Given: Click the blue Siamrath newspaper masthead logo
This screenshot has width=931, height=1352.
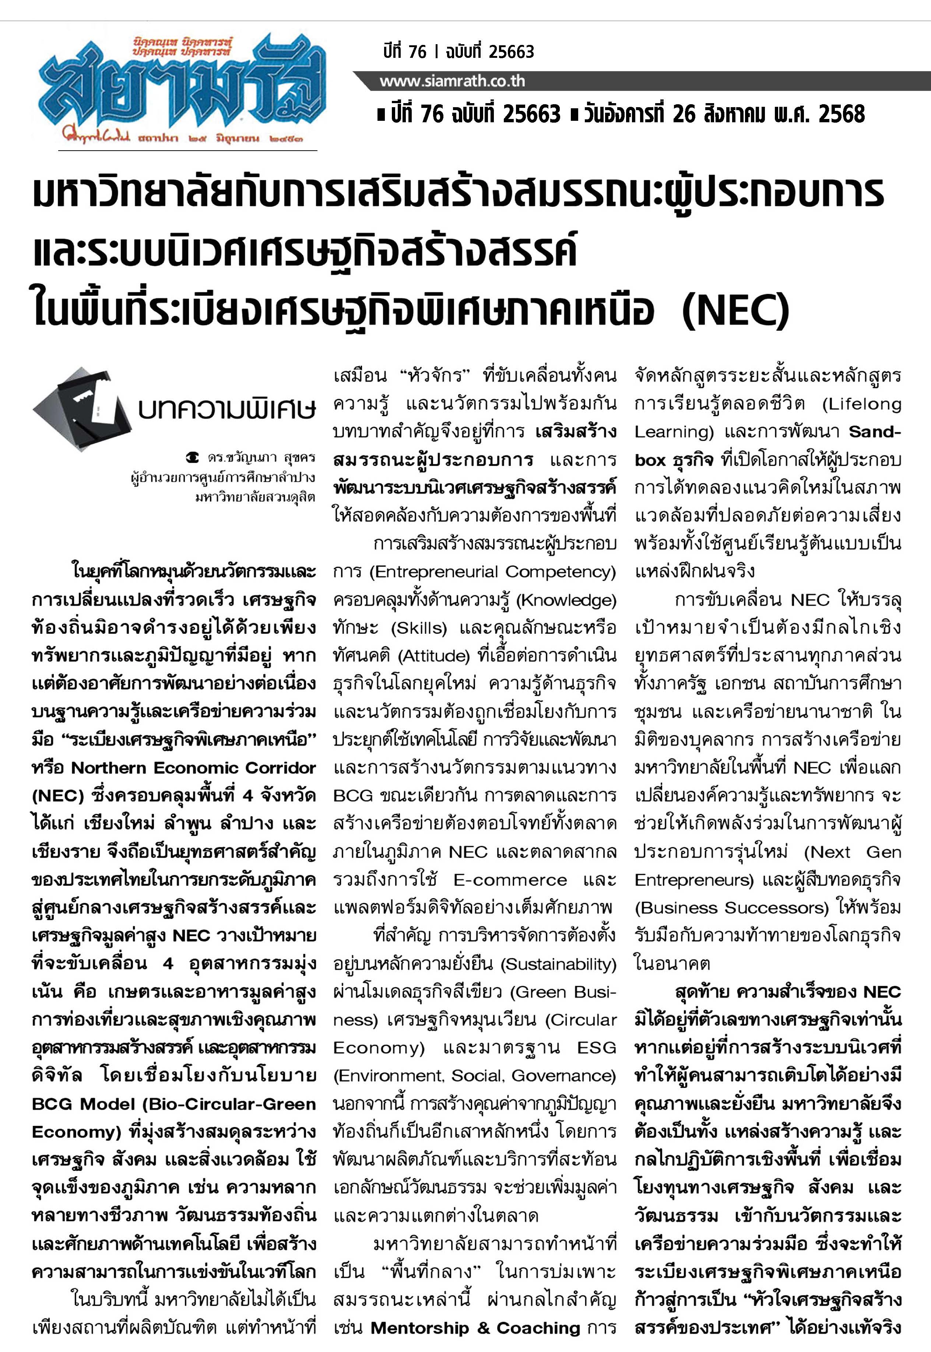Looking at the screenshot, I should [x=181, y=88].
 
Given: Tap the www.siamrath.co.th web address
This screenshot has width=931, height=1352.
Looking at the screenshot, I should [x=452, y=81].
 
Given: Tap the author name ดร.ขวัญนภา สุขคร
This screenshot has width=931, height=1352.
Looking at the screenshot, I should [x=261, y=458].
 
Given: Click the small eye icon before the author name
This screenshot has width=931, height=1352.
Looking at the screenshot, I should [x=192, y=458].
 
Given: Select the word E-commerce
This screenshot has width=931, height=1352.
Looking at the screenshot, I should [x=510, y=879].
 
